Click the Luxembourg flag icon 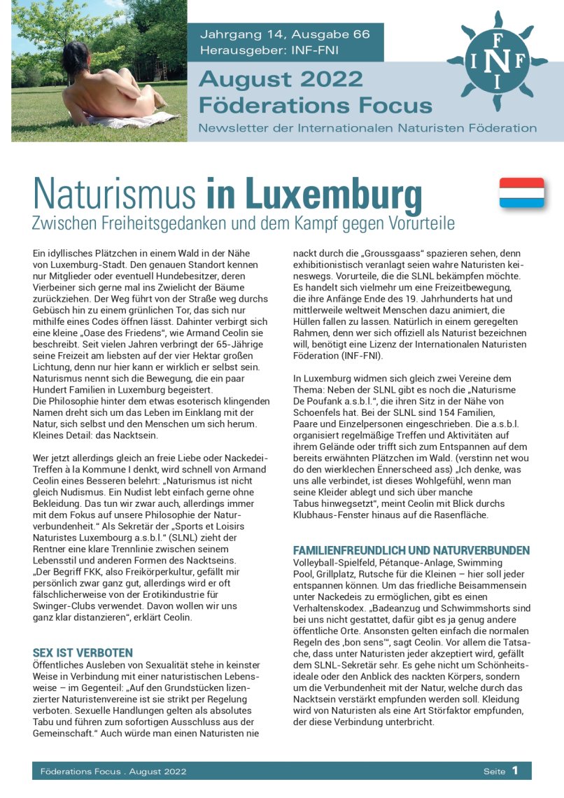tap(521, 192)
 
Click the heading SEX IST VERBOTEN tap(83, 652)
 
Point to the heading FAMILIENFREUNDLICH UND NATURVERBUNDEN tap(411, 550)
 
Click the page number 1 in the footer tap(514, 771)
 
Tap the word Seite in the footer tap(494, 771)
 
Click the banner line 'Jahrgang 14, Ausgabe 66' tap(285, 34)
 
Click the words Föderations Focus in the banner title tap(316, 105)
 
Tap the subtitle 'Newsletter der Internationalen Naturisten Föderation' tap(367, 128)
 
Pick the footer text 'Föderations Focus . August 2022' tap(113, 771)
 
